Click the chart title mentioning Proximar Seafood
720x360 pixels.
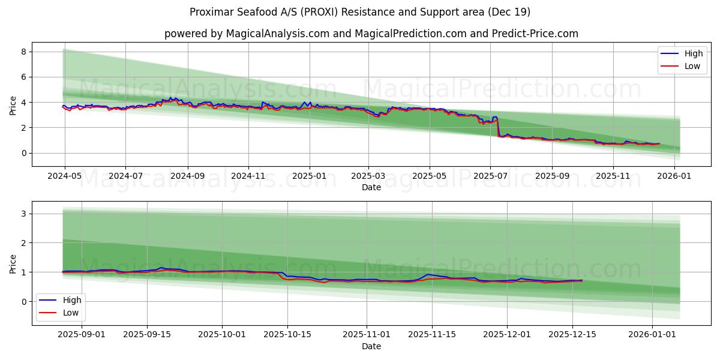[x=359, y=12]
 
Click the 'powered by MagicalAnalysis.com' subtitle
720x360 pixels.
[x=371, y=34]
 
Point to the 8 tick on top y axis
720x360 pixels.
[x=23, y=52]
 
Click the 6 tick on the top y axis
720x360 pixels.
[x=23, y=77]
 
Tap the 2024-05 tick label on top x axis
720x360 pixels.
[x=64, y=176]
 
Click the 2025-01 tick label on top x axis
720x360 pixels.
[x=310, y=176]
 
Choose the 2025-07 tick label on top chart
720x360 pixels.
[x=490, y=176]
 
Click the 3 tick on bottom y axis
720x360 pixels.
[x=23, y=214]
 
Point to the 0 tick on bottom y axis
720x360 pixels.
[x=23, y=302]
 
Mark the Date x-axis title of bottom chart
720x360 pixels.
[x=371, y=346]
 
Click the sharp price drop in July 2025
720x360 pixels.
[x=498, y=127]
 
